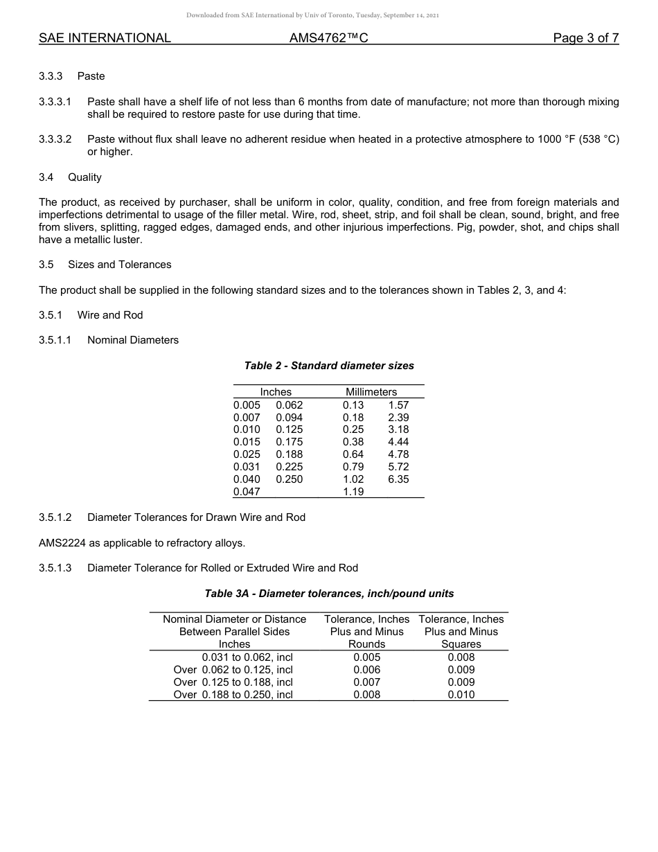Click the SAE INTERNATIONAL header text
[105, 38]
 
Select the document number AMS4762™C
[328, 38]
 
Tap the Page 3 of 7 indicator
[585, 38]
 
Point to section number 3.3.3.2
[55, 139]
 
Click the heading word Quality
[85, 177]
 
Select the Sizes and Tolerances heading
[119, 265]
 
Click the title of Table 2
[329, 365]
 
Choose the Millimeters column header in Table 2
[371, 392]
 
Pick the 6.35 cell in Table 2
[398, 479]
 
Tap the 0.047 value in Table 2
[247, 492]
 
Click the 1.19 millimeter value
[353, 492]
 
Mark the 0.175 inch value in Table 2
[289, 442]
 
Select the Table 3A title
[329, 594]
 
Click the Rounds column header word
[366, 644]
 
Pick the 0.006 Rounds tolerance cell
[366, 670]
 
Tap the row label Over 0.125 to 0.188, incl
[233, 682]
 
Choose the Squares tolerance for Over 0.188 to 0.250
[461, 695]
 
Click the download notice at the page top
[312, 15]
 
